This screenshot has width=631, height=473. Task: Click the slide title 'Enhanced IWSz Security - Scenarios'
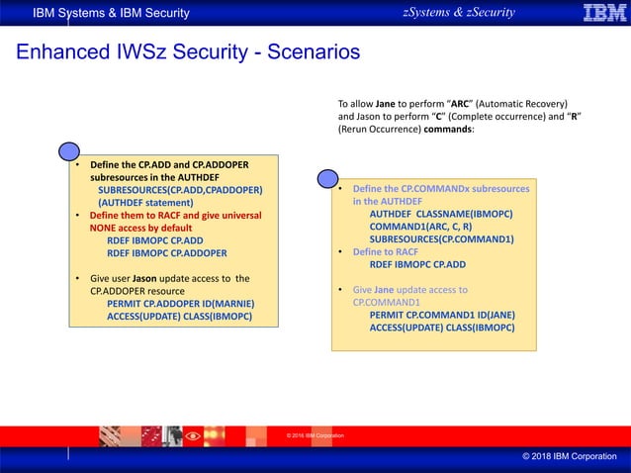(188, 51)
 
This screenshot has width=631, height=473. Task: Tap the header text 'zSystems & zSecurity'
(458, 12)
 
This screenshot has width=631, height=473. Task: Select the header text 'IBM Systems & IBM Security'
(111, 13)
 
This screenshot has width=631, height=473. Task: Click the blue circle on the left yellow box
(69, 151)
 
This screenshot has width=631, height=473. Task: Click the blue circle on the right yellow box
(328, 178)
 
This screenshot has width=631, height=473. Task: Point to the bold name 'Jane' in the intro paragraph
(385, 104)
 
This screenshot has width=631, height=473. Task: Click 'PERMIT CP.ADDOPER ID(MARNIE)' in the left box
(178, 304)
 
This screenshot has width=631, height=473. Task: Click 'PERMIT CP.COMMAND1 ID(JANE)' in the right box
(441, 315)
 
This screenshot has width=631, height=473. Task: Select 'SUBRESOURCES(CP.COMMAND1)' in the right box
(441, 238)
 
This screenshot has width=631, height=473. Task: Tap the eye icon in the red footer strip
(193, 435)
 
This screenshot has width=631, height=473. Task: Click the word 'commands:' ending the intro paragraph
(450, 130)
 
